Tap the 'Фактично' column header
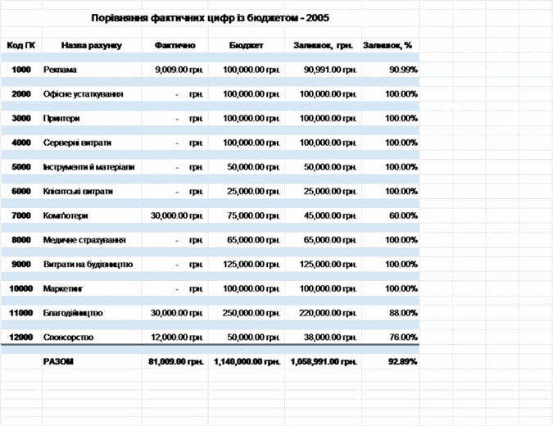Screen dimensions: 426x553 coord(175,45)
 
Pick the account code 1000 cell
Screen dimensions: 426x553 coord(21,70)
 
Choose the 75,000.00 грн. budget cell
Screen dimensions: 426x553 coord(252,215)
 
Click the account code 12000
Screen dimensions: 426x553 coord(20,337)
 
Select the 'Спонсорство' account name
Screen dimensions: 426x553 coord(69,337)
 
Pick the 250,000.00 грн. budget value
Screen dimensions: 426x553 coord(252,313)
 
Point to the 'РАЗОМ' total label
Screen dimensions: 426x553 coord(57,361)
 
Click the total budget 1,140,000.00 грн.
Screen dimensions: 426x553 coord(247,361)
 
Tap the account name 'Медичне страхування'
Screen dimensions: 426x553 coord(84,240)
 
